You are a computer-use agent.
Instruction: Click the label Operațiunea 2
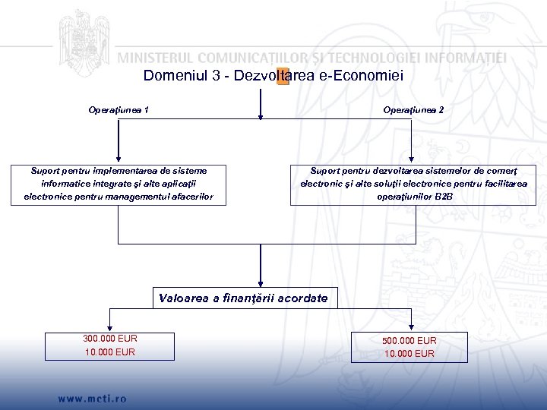(413, 110)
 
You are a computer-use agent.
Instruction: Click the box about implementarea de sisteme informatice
(119, 184)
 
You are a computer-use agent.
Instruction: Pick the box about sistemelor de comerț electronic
(413, 184)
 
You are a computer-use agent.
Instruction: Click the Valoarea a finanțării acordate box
(243, 298)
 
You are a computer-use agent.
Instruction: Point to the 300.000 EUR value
(109, 339)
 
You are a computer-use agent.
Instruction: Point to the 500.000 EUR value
(409, 340)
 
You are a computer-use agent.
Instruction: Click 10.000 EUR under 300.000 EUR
(109, 352)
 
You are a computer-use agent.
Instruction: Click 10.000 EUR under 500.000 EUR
(409, 353)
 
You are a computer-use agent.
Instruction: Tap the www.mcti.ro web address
(92, 398)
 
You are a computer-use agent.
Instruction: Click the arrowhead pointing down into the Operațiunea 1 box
(119, 159)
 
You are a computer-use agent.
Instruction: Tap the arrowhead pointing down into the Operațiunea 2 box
(412, 159)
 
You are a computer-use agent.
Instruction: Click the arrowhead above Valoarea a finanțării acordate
(261, 284)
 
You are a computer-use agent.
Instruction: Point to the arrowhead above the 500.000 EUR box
(412, 326)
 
